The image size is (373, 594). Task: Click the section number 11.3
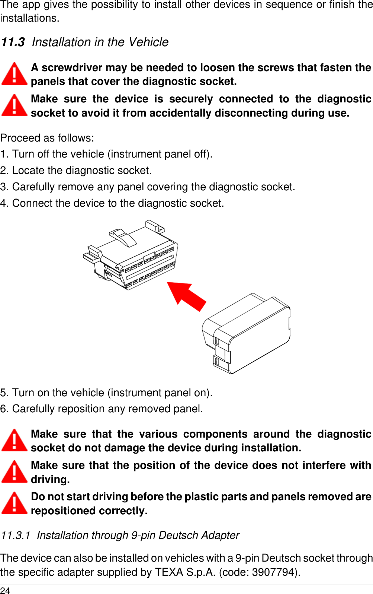coord(13,42)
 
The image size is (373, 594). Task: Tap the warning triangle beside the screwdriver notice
coord(14,74)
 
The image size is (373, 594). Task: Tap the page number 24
coord(5,590)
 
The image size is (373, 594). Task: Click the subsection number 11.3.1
coord(15,536)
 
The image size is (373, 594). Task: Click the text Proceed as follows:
coord(47,138)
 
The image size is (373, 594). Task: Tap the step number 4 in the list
coord(3,203)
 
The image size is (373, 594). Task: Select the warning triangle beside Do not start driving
coord(14,503)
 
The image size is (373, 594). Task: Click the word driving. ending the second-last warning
coord(50,480)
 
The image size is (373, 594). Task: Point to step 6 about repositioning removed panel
coord(102,409)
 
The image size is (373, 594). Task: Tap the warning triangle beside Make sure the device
coord(14,105)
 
